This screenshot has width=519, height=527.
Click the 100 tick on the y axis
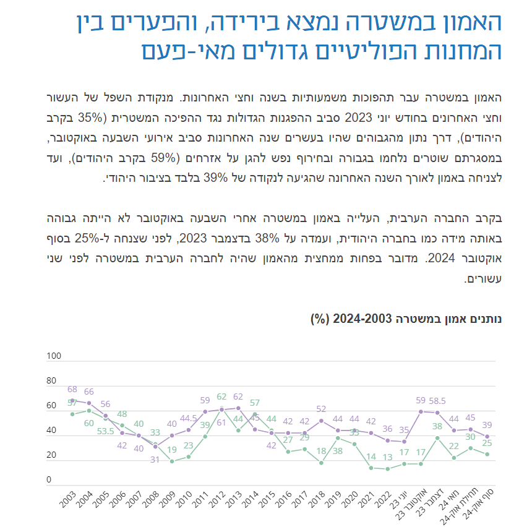pyautogui.click(x=54, y=356)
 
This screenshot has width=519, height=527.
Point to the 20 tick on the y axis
pyautogui.click(x=51, y=455)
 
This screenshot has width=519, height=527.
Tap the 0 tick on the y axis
pyautogui.click(x=49, y=479)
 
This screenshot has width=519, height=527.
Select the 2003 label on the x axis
pyautogui.click(x=68, y=499)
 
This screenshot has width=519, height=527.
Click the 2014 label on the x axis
pyautogui.click(x=251, y=499)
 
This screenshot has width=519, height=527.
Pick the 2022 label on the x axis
pyautogui.click(x=383, y=499)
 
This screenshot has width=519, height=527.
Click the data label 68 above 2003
pyautogui.click(x=72, y=389)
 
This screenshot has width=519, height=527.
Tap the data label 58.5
pyautogui.click(x=437, y=401)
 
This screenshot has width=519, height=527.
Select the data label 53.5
pyautogui.click(x=106, y=431)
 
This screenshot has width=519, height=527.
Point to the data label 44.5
pyautogui.click(x=188, y=418)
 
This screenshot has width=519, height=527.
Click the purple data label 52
pyautogui.click(x=321, y=409)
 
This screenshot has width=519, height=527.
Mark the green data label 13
pyautogui.click(x=388, y=457)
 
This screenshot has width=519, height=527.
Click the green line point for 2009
pyautogui.click(x=172, y=462)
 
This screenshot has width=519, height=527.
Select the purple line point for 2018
pyautogui.click(x=321, y=421)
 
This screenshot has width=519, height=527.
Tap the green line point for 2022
pyautogui.click(x=388, y=469)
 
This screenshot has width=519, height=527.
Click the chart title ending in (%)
pyautogui.click(x=406, y=319)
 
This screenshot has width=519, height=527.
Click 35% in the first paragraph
pyautogui.click(x=90, y=118)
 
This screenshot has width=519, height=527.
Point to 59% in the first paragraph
pyautogui.click(x=164, y=158)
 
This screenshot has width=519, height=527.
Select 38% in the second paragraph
pyautogui.click(x=267, y=238)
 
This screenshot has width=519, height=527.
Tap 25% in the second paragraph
pyautogui.click(x=87, y=238)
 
